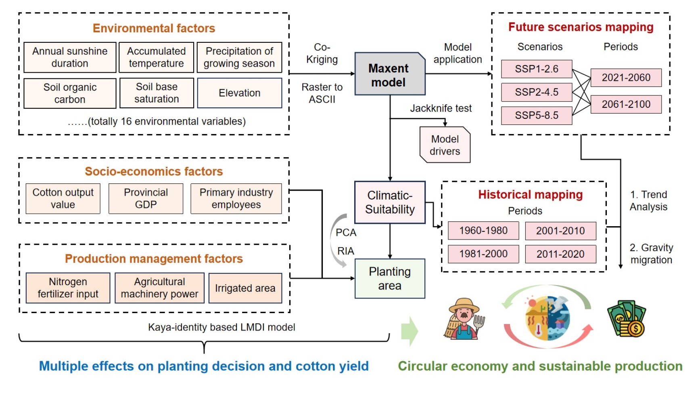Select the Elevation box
pyautogui.click(x=239, y=93)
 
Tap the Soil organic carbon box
pyautogui.click(x=70, y=93)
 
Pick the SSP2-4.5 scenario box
pyautogui.click(x=536, y=92)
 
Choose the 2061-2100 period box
pyautogui.click(x=626, y=104)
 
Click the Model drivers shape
pyautogui.click(x=445, y=145)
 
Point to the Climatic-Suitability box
pyautogui.click(x=389, y=202)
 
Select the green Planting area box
pyautogui.click(x=389, y=279)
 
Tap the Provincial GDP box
pyautogui.click(x=146, y=198)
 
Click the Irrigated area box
pyautogui.click(x=245, y=288)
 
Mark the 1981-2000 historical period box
pyautogui.click(x=483, y=254)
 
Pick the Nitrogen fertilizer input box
pyautogui.click(x=68, y=288)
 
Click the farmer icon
pyautogui.click(x=464, y=319)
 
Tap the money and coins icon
pyautogui.click(x=627, y=319)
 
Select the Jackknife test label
pyautogui.click(x=441, y=108)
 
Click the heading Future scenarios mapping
pyautogui.click(x=580, y=27)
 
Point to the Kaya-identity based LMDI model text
pyautogui.click(x=222, y=327)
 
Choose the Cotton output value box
pyautogui.click(x=63, y=198)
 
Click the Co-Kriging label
pyautogui.click(x=322, y=53)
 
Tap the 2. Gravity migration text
pyautogui.click(x=651, y=254)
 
